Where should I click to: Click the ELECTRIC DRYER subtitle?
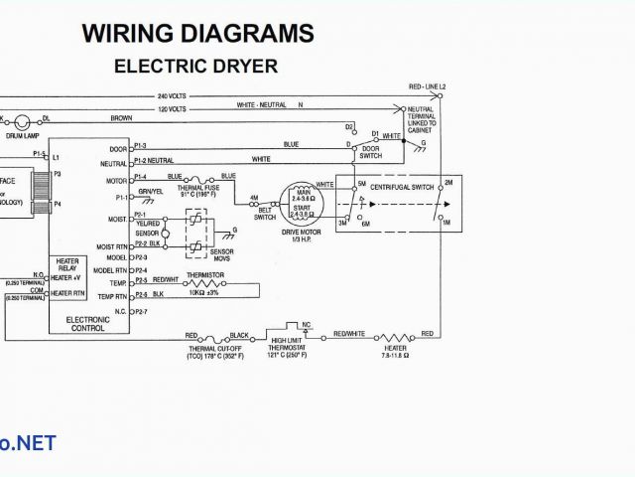pos(195,67)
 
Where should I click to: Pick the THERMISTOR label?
pos(204,274)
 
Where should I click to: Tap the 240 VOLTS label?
pos(172,95)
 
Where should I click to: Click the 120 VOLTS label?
pos(172,106)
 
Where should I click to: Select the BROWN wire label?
pos(121,117)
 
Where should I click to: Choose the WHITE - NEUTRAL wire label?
pos(261,103)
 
